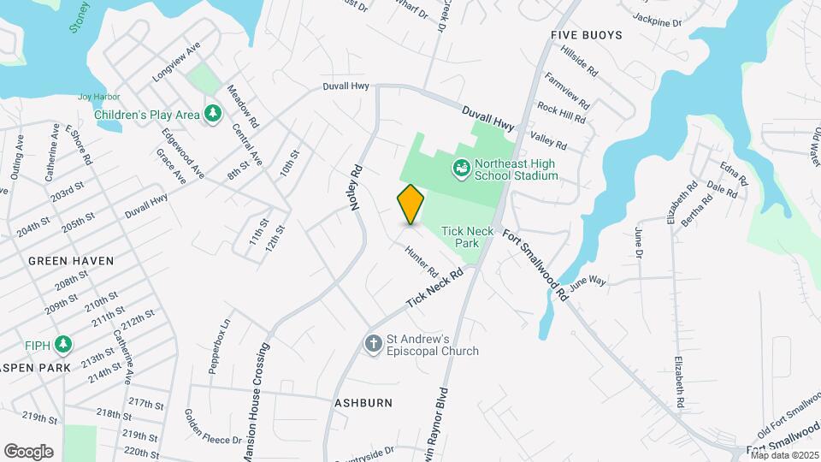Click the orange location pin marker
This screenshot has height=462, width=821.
coord(411,204)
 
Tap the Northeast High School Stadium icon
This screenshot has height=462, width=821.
coord(461,168)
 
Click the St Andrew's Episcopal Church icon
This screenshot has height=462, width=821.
coord(373,344)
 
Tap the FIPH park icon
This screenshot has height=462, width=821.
coord(62,344)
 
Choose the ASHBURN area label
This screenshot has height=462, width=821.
coord(363,402)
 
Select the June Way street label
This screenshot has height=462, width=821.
coord(588,281)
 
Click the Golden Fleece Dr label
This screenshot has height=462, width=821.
coord(213,427)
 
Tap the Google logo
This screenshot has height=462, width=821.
coord(28,452)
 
